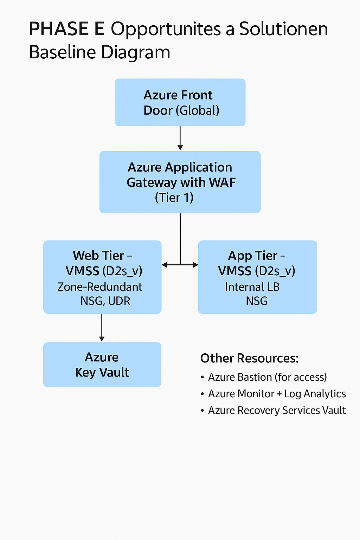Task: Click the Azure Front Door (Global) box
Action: click(180, 102)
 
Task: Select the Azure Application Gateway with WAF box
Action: click(180, 182)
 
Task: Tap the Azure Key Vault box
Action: click(102, 365)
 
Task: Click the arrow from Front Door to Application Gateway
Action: click(180, 138)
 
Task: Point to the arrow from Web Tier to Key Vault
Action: click(102, 327)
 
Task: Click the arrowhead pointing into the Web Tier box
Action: click(164, 265)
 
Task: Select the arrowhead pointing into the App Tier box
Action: click(195, 265)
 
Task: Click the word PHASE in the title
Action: click(58, 29)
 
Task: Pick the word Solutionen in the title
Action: click(283, 29)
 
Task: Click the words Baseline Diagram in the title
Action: click(99, 52)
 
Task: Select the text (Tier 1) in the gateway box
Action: click(174, 198)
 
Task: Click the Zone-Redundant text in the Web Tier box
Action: click(100, 287)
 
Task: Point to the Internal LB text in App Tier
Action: click(252, 287)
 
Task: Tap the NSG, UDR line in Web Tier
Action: click(105, 301)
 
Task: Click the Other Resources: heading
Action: click(249, 358)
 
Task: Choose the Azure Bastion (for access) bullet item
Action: click(267, 377)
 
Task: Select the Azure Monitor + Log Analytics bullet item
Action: click(277, 394)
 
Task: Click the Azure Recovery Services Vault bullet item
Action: click(277, 410)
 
